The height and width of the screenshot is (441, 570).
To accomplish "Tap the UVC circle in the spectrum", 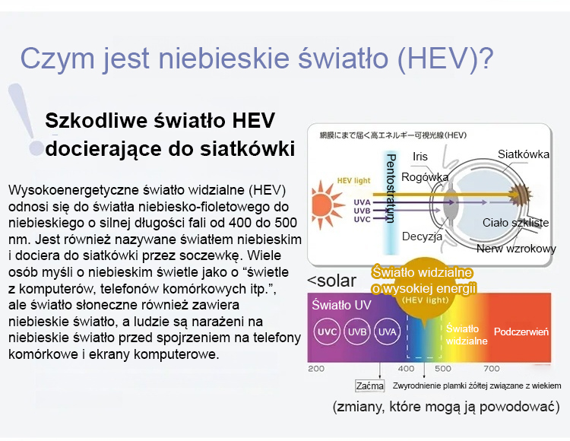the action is [x=327, y=332].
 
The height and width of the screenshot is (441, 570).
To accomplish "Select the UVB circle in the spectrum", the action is [x=357, y=332].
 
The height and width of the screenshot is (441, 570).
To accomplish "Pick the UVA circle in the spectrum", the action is [x=387, y=332].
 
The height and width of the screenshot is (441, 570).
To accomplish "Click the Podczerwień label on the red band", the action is [x=521, y=332].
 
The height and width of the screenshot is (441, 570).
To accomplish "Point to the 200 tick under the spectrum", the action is [x=316, y=369].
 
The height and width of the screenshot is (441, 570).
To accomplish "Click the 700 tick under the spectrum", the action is [x=492, y=369].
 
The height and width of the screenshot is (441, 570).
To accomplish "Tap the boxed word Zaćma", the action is [x=369, y=385].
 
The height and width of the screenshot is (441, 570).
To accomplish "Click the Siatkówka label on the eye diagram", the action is [x=524, y=154].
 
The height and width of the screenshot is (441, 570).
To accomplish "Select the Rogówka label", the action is [x=425, y=177].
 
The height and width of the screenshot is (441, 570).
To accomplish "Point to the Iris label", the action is [x=420, y=157].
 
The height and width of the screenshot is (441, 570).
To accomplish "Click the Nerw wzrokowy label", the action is [x=516, y=249].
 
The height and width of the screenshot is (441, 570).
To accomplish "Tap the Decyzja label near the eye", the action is [x=422, y=236].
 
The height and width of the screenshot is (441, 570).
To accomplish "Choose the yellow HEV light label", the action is [x=353, y=181].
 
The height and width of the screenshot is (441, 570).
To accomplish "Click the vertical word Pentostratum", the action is [x=391, y=188].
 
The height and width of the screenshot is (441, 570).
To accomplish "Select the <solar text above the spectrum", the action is [x=331, y=281].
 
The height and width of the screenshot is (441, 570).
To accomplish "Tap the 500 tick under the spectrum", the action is [x=443, y=369].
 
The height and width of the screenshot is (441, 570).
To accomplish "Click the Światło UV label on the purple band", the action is [x=341, y=305].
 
